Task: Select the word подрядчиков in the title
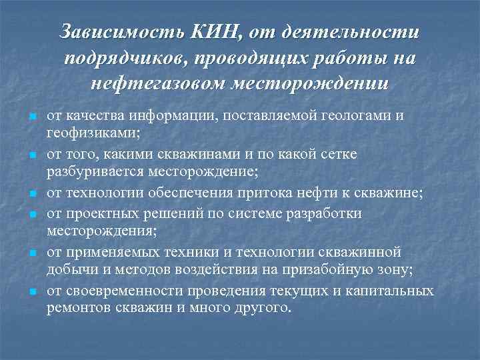(x=126, y=58)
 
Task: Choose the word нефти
(x=311, y=194)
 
